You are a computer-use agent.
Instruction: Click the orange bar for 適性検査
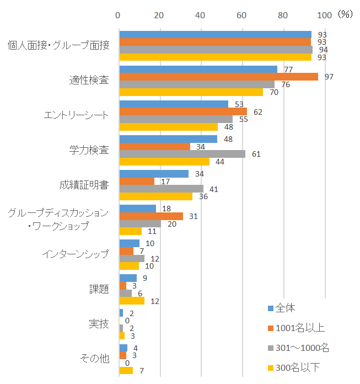219,77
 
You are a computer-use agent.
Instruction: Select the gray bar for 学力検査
182,154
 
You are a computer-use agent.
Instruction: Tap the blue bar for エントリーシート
174,104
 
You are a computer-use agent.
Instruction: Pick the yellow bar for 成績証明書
156,196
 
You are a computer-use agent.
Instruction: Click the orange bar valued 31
151,216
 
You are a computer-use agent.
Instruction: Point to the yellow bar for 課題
132,301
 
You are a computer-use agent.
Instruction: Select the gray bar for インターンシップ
132,259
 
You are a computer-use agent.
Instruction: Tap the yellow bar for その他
126,371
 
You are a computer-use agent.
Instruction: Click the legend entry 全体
282,308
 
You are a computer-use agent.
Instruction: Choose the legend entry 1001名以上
297,328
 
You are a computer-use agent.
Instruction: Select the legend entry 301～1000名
299,348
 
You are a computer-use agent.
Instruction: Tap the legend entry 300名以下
294,367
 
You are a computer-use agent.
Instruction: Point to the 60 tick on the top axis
241,15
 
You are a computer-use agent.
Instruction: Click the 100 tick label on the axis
325,15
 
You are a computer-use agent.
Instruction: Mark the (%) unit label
345,14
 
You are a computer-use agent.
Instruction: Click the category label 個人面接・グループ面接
59,45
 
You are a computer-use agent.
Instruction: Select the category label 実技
99,324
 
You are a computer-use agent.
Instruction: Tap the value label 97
329,77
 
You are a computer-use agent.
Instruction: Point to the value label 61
256,154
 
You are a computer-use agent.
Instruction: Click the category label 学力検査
89,150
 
